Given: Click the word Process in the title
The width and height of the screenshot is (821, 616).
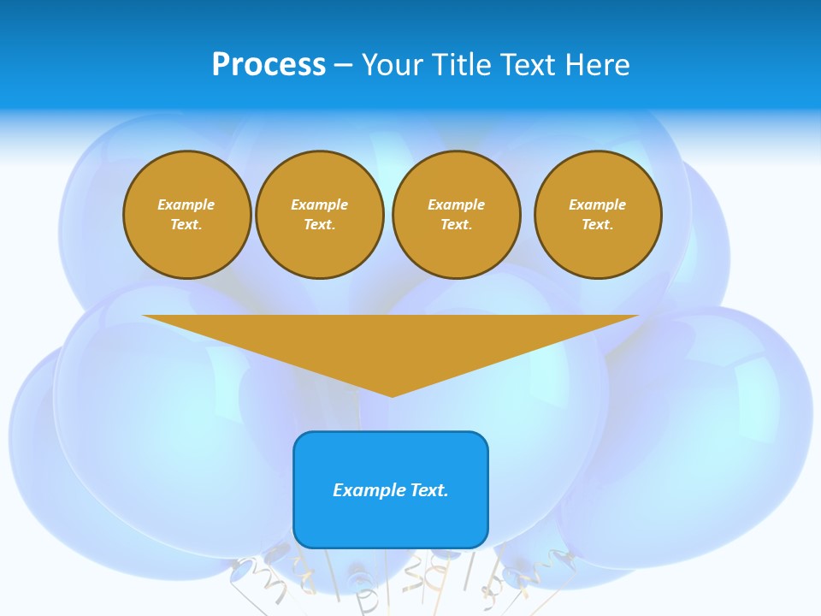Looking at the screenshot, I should click(x=269, y=65).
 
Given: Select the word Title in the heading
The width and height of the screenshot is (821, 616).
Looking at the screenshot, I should click(x=463, y=65).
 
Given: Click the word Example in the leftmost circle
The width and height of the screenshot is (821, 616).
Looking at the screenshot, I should click(x=186, y=204).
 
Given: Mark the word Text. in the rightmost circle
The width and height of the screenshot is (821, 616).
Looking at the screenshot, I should click(x=597, y=225).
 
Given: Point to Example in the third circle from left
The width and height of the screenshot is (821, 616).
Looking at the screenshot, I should click(x=456, y=204).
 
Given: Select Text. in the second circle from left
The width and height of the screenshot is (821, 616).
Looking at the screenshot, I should click(x=319, y=225).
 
